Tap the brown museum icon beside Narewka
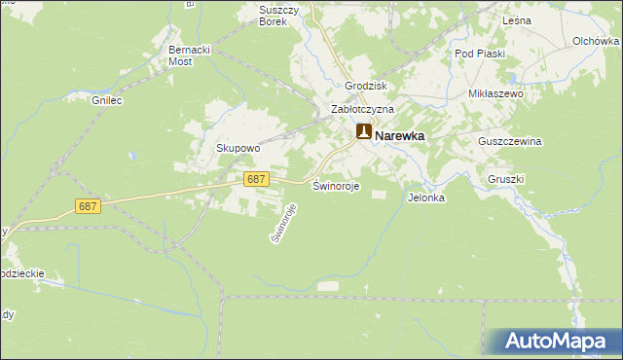363,132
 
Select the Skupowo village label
238,149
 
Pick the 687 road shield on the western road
88,206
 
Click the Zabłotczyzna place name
362,110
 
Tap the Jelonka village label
426,198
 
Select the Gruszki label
506,180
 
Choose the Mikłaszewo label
496,94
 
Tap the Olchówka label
597,42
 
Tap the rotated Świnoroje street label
282,223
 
